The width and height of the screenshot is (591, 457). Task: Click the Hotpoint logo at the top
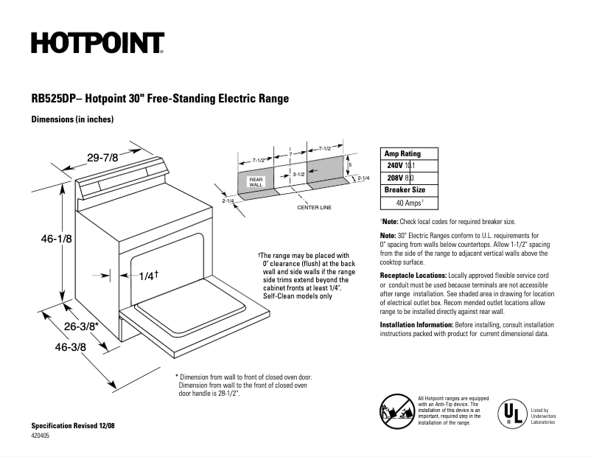[97, 43]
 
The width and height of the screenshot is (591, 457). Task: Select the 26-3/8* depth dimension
[82, 325]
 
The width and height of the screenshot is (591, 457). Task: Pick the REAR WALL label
[256, 182]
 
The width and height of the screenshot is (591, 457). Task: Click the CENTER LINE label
[314, 208]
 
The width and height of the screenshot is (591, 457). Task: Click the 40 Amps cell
[410, 202]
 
